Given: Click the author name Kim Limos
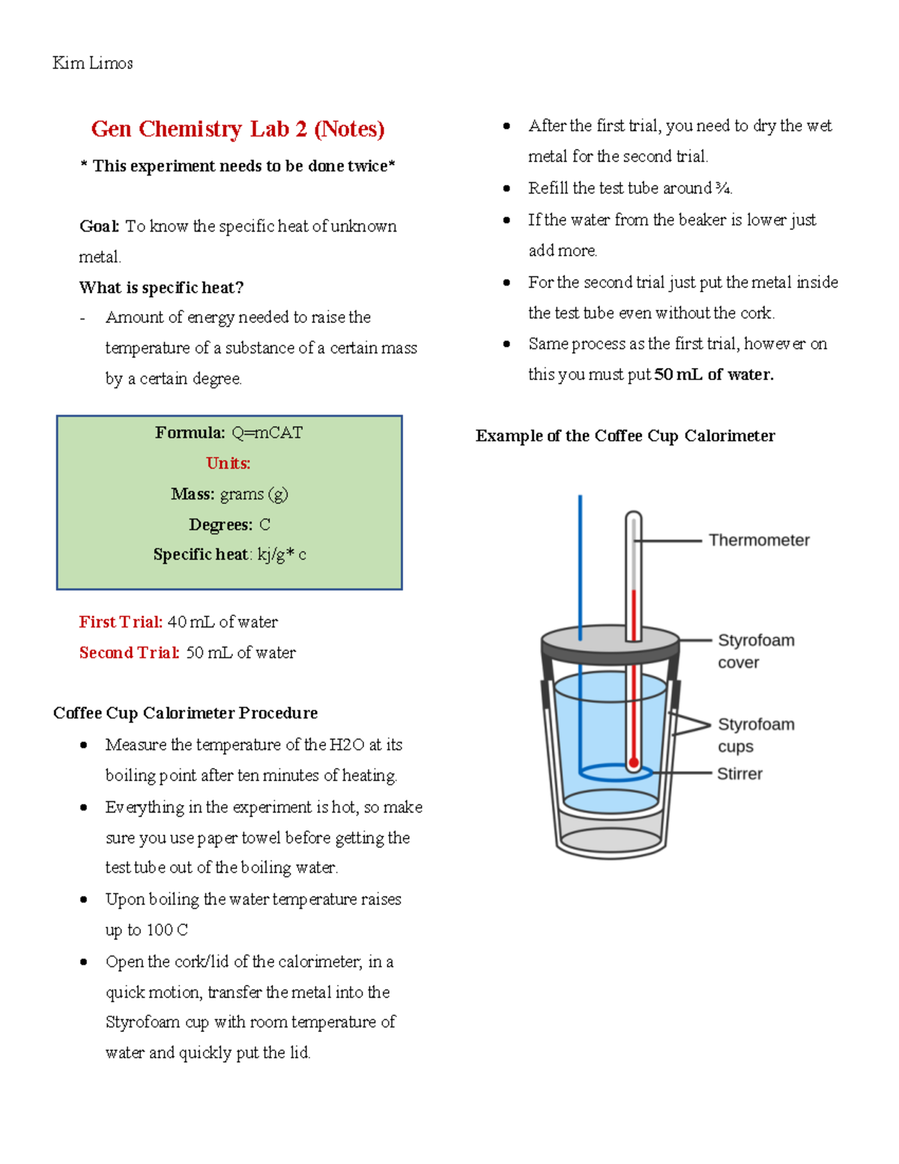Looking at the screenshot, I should click(x=93, y=64).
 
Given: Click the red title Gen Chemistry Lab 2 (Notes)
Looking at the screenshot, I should click(x=237, y=129).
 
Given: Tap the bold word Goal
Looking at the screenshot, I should click(x=99, y=226).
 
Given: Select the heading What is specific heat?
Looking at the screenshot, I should click(x=161, y=288).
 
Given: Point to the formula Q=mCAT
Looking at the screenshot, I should click(x=267, y=432).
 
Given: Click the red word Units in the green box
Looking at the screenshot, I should click(x=228, y=463).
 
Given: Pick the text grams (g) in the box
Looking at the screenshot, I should click(x=253, y=494).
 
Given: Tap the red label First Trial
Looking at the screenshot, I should click(x=121, y=622).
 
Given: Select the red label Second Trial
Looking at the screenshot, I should click(x=129, y=653).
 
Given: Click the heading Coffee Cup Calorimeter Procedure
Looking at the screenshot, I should click(x=185, y=713).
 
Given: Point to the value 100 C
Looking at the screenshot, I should click(x=167, y=930).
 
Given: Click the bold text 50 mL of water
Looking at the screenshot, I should click(x=713, y=375).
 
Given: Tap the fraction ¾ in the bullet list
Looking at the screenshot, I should click(x=722, y=188).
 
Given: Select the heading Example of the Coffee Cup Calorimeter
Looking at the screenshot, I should click(x=625, y=436).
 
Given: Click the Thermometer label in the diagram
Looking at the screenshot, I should click(x=759, y=540).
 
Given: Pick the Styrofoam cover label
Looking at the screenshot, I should click(x=755, y=651).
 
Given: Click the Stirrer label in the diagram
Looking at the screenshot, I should click(x=739, y=774).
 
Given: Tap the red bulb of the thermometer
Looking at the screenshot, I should click(x=634, y=763).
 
